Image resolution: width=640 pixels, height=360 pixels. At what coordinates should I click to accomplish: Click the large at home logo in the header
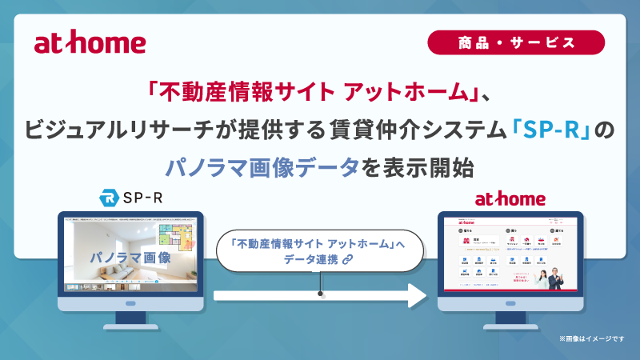pyautogui.click(x=90, y=44)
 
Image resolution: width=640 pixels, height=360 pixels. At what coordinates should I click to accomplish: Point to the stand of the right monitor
pyautogui.click(x=510, y=315)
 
